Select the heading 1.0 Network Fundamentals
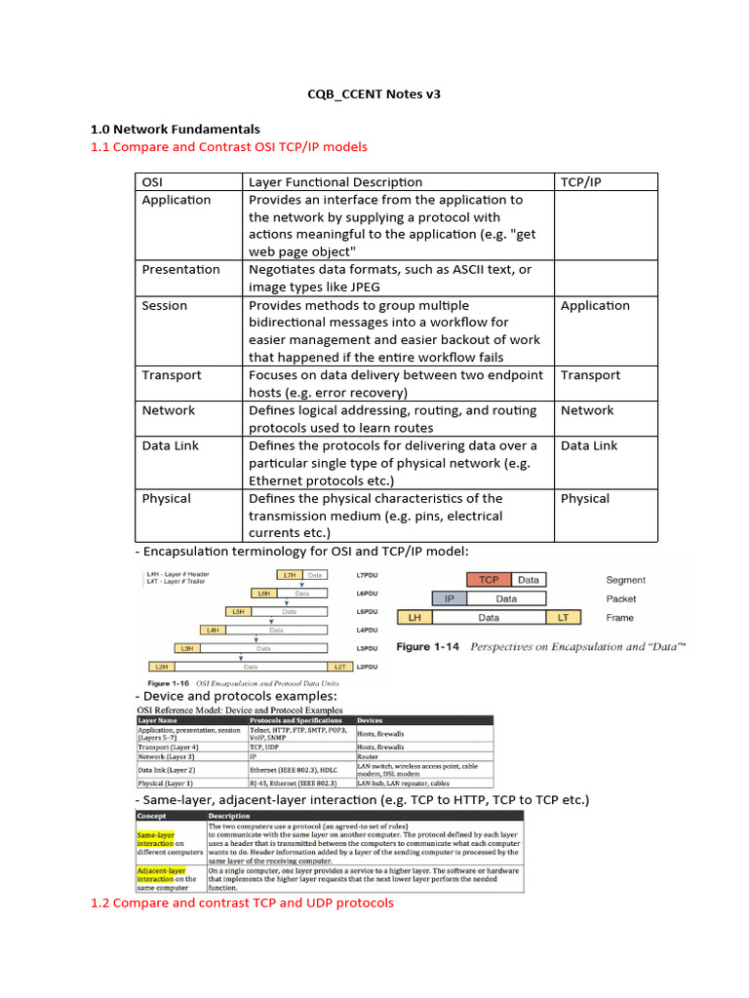click(175, 129)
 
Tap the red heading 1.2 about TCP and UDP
click(242, 902)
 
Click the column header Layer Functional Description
click(335, 181)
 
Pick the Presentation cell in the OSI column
click(180, 269)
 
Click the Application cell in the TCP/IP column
click(595, 305)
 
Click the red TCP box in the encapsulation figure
click(488, 579)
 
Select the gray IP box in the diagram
click(449, 598)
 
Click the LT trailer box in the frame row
click(564, 617)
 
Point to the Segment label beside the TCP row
click(625, 580)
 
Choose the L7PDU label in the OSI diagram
click(368, 575)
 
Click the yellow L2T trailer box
click(338, 666)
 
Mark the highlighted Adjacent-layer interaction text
click(162, 875)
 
